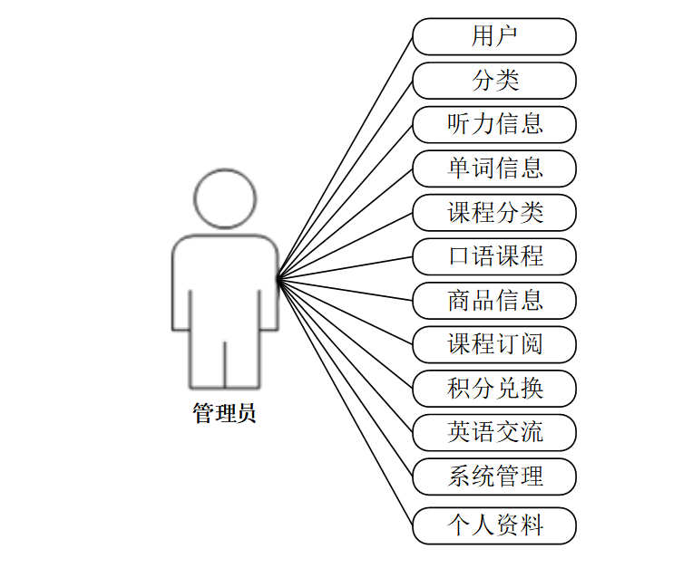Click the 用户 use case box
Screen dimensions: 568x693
click(x=494, y=37)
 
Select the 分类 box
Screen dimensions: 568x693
click(x=494, y=81)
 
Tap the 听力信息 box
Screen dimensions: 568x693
click(x=494, y=124)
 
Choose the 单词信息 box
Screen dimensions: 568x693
click(x=494, y=168)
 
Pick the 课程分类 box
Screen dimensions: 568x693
click(x=494, y=213)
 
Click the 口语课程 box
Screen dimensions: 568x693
click(x=494, y=256)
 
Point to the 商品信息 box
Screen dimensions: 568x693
click(x=494, y=301)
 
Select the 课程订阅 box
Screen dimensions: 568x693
click(x=494, y=344)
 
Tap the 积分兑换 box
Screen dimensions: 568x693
click(x=494, y=389)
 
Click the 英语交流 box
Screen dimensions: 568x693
click(x=494, y=432)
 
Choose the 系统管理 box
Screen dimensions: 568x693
click(x=494, y=477)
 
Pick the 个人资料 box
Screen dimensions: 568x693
click(x=494, y=525)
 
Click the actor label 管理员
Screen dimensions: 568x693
click(x=225, y=414)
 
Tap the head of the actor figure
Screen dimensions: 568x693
click(x=225, y=198)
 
